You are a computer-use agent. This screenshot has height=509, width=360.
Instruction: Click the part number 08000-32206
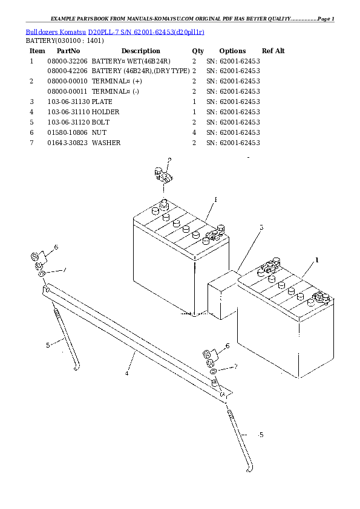pyautogui.click(x=67, y=61)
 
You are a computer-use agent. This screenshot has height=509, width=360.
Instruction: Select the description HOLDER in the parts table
pyautogui.click(x=106, y=112)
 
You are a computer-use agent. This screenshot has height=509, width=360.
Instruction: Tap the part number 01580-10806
pyautogui.click(x=67, y=132)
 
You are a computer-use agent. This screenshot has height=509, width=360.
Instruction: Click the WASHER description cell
pyautogui.click(x=106, y=143)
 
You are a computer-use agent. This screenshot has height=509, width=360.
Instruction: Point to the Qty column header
pyautogui.click(x=198, y=51)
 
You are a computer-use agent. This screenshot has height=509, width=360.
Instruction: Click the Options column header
pyautogui.click(x=232, y=51)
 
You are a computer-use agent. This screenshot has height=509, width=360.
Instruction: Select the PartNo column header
pyautogui.click(x=68, y=51)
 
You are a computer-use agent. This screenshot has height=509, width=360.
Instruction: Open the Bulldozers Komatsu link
pyautogui.click(x=56, y=32)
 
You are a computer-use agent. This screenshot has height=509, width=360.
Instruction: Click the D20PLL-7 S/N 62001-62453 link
pyautogui.click(x=146, y=32)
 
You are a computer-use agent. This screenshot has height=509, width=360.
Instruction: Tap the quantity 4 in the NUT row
pyautogui.click(x=194, y=132)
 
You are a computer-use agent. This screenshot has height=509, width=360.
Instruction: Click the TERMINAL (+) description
pyautogui.click(x=117, y=81)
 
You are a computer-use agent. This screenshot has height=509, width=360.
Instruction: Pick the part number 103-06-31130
pyautogui.click(x=68, y=102)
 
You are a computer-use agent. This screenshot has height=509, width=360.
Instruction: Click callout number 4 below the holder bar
pyautogui.click(x=126, y=374)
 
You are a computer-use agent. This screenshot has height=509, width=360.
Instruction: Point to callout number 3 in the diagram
pyautogui.click(x=261, y=227)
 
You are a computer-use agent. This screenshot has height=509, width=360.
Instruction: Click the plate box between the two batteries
pyautogui.click(x=223, y=295)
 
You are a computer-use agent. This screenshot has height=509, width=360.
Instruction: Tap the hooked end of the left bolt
pyautogui.click(x=77, y=368)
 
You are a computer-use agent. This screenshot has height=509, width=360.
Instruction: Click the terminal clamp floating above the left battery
pyautogui.click(x=163, y=176)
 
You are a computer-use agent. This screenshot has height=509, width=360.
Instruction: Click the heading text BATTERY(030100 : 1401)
pyautogui.click(x=65, y=41)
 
